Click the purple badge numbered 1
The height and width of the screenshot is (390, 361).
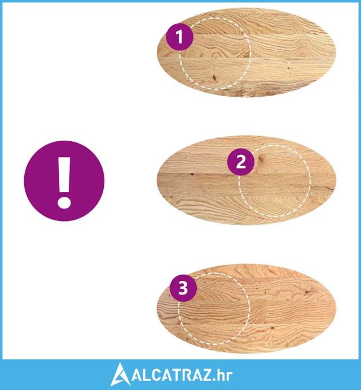(179, 37)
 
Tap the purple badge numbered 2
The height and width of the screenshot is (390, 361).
(241, 162)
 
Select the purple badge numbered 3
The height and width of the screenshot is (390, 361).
(183, 288)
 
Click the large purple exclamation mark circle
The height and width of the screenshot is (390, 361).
(64, 181)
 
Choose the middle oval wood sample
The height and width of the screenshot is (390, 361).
(246, 180)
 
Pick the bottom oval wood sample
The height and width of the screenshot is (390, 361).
(246, 309)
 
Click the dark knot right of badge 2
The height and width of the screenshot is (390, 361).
(261, 157)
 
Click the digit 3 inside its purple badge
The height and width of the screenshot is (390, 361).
(183, 288)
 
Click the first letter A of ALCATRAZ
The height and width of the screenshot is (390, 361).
(138, 375)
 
